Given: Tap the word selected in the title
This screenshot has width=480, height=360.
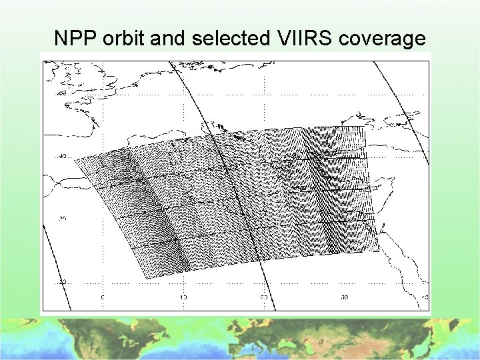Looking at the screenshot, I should (x=229, y=39).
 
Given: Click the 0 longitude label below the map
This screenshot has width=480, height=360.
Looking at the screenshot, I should (x=103, y=297).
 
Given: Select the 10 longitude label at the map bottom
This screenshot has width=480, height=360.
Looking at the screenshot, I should (x=183, y=297).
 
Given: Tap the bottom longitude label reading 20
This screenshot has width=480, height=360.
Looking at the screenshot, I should (x=264, y=297).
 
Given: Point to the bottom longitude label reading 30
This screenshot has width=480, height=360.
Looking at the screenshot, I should (x=345, y=297).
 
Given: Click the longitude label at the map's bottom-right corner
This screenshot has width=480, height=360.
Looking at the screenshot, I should (x=424, y=297).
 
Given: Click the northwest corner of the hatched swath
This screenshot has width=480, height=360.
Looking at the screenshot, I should (x=74, y=158).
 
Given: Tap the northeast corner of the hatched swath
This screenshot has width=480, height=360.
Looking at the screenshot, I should (x=365, y=127).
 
